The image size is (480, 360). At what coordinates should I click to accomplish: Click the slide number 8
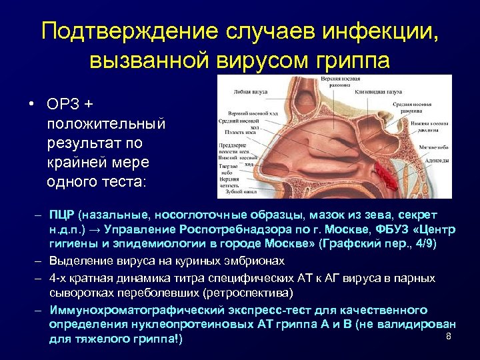pyautogui.click(x=449, y=336)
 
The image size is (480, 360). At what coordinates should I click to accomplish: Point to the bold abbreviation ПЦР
pyautogui.click(x=63, y=215)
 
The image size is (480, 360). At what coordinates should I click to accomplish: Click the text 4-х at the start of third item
pyautogui.click(x=58, y=277)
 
